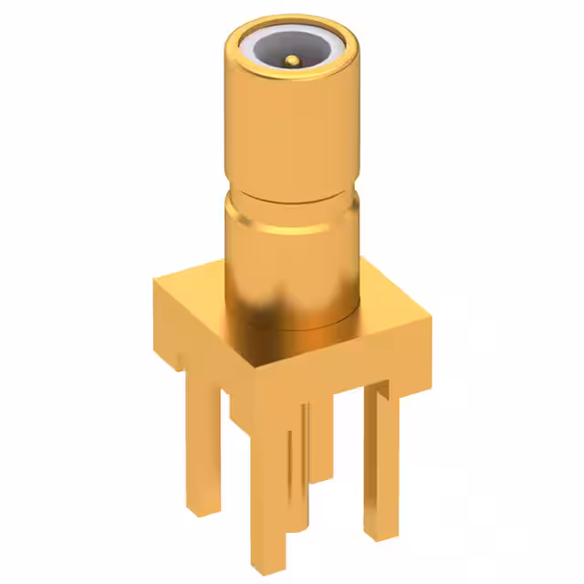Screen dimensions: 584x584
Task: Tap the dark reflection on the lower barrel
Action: (274, 301)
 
